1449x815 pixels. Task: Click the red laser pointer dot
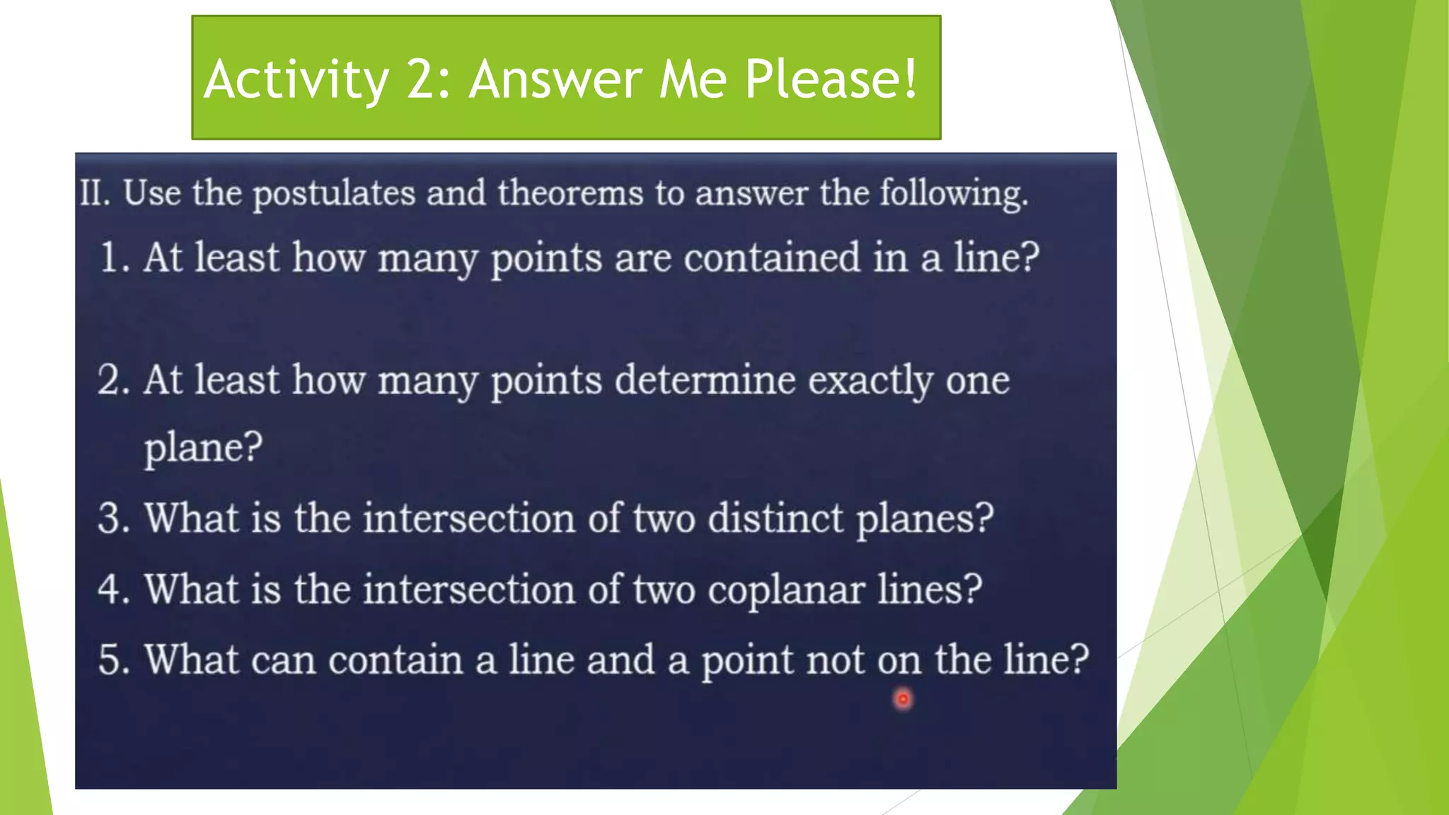click(903, 700)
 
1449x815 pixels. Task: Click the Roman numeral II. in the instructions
click(95, 192)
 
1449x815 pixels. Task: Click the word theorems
click(570, 192)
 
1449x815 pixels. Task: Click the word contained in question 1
click(771, 257)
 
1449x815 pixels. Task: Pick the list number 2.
click(114, 380)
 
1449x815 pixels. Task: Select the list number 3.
click(114, 519)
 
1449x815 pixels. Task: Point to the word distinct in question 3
click(776, 518)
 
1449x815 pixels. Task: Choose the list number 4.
click(114, 589)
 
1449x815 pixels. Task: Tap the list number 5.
click(114, 660)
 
